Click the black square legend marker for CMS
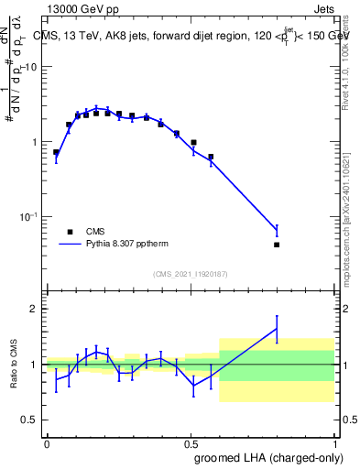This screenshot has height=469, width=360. [x=70, y=232]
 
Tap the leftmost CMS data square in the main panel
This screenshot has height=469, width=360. [x=56, y=152]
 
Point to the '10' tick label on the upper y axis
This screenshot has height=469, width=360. [x=31, y=67]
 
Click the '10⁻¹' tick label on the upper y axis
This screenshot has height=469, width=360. [x=27, y=217]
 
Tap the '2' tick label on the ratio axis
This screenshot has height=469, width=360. [x=35, y=309]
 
